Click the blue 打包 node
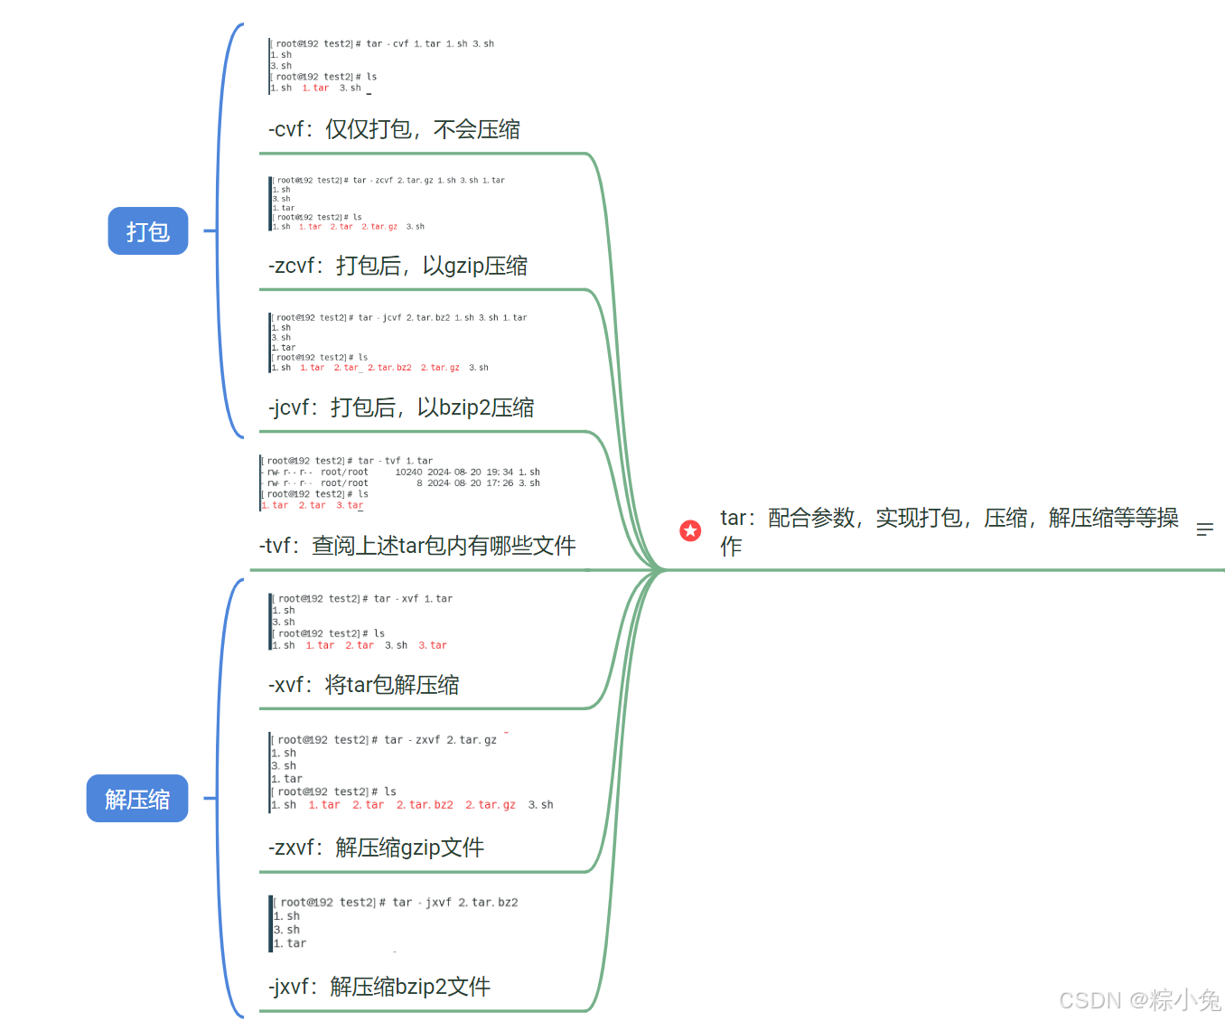(148, 231)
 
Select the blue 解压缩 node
(137, 799)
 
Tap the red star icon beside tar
(690, 530)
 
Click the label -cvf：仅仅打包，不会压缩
(394, 129)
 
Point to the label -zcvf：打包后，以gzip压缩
(397, 266)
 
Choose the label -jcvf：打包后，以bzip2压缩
(401, 407)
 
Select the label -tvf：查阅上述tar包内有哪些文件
(417, 546)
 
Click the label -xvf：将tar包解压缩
(363, 685)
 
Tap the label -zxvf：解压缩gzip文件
(376, 848)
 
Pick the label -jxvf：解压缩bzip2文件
(379, 987)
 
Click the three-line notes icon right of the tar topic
(1204, 530)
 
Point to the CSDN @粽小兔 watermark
(1139, 1000)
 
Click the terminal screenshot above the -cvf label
(381, 66)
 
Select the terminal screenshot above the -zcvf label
(388, 203)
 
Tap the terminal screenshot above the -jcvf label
(398, 342)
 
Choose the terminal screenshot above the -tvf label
(399, 483)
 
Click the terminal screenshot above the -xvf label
(361, 622)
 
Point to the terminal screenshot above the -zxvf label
(411, 773)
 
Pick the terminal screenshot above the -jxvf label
(396, 923)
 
